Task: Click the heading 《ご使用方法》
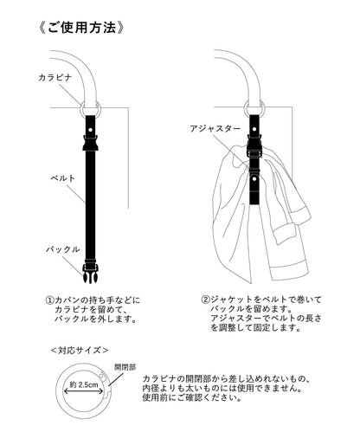pyautogui.click(x=84, y=25)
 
